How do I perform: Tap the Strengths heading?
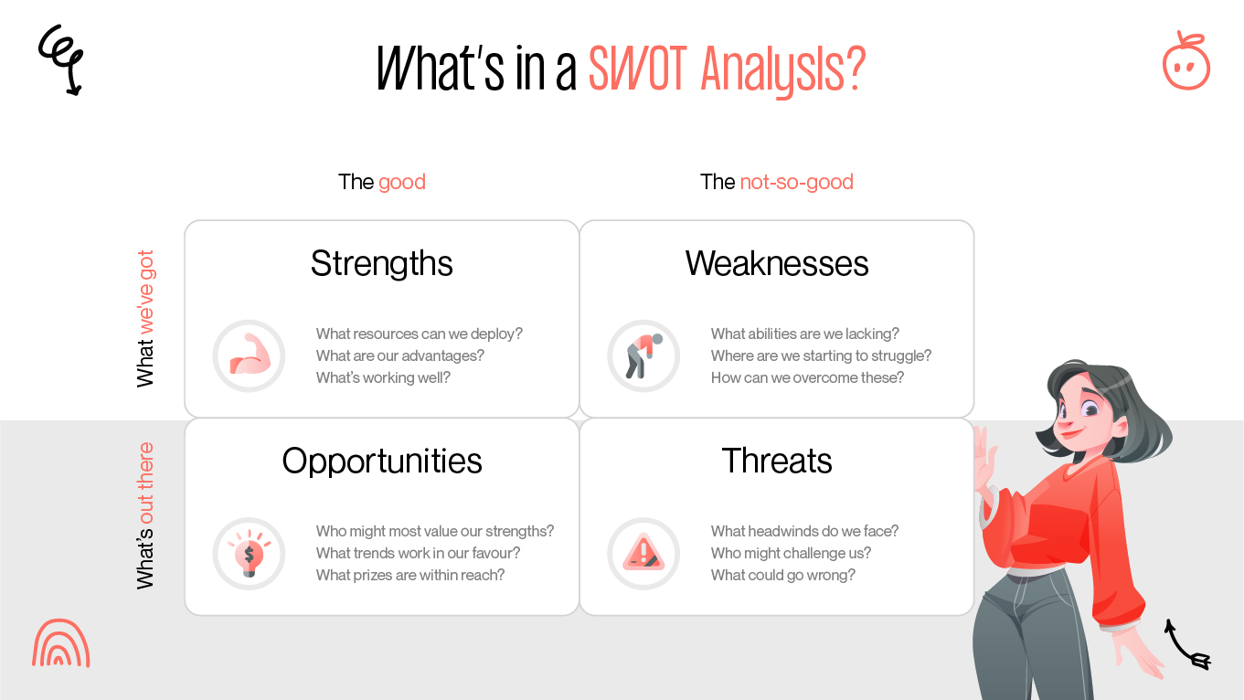coord(382,264)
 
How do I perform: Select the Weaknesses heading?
coord(777,264)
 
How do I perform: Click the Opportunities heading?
coord(382,461)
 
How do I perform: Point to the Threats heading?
coord(777,461)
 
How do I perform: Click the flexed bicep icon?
coord(249,355)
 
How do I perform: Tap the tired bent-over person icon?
coord(643,355)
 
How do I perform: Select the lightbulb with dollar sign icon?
coord(249,554)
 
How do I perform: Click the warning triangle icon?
coord(643,554)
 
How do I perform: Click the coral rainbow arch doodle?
coord(61,643)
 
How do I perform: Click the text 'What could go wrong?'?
coord(783,575)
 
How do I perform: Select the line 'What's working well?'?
coord(383,377)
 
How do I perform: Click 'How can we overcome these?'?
coord(807,377)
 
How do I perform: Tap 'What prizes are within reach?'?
coord(410,575)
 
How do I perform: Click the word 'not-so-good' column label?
coord(796,182)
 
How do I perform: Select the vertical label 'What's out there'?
coord(145,516)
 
